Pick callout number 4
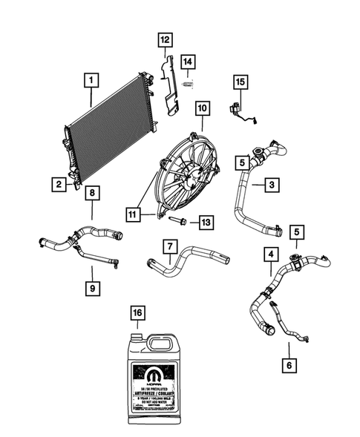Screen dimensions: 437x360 pyautogui.click(x=269, y=256)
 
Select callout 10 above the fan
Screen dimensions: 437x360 pyautogui.click(x=201, y=108)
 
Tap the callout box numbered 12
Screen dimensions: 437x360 pyautogui.click(x=164, y=39)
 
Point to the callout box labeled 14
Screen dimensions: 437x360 pyautogui.click(x=189, y=60)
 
